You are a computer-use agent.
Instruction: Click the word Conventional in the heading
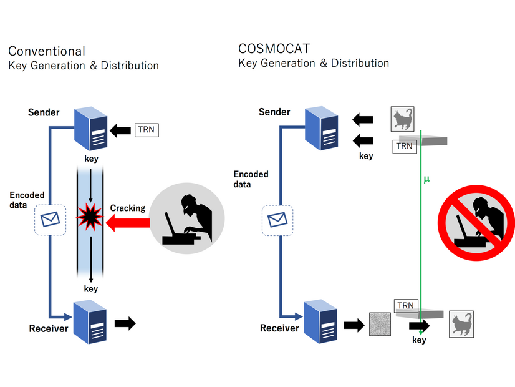tap(47, 51)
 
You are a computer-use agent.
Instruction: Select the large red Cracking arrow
tap(127, 221)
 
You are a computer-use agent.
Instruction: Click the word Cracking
tap(128, 208)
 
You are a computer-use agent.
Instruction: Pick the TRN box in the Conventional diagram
tap(147, 130)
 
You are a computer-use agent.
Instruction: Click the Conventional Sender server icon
tap(90, 130)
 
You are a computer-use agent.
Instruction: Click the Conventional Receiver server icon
tap(90, 323)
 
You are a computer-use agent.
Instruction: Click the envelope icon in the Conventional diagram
tap(50, 219)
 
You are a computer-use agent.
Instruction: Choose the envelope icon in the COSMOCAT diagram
tap(276, 220)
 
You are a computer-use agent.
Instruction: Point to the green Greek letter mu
tap(426, 179)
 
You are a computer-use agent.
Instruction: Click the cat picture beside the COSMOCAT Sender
tap(403, 118)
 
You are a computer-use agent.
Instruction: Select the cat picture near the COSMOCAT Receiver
tap(461, 324)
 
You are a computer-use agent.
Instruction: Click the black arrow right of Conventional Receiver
tap(125, 323)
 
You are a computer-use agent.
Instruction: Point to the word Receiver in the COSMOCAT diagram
tap(280, 328)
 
